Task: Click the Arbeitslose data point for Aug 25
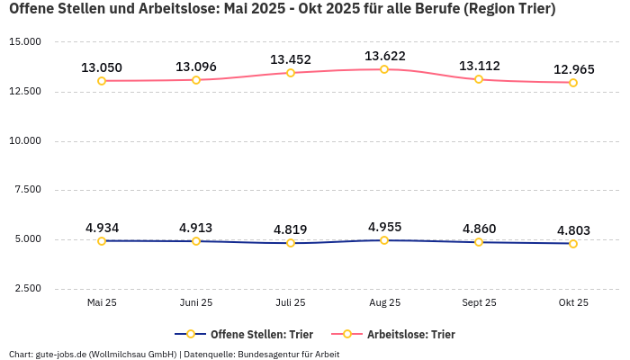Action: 384,69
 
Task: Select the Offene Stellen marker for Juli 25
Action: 291,243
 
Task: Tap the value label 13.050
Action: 102,67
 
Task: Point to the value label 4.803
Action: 573,229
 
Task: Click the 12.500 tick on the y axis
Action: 25,92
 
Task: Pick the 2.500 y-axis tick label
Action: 28,289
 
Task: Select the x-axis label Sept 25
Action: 479,303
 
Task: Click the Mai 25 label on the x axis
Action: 102,303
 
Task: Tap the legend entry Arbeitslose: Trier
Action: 410,334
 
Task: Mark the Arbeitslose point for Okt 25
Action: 573,83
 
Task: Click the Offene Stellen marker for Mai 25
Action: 102,241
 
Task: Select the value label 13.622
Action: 384,57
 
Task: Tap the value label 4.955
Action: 384,227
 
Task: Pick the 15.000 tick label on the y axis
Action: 25,42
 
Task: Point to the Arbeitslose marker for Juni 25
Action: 196,80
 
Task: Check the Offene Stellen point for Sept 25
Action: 479,242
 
